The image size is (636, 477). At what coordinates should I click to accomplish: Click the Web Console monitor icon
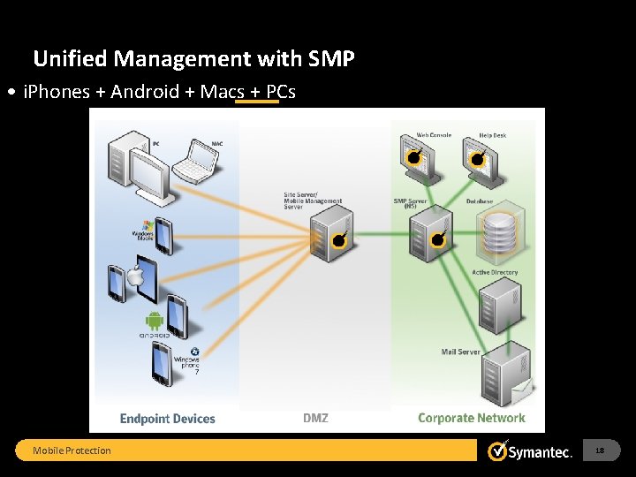pyautogui.click(x=414, y=157)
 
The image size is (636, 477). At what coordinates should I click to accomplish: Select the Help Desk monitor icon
pyautogui.click(x=478, y=157)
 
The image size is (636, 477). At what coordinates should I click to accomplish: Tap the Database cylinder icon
pyautogui.click(x=499, y=234)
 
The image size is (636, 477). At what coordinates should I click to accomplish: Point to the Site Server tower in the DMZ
pyautogui.click(x=332, y=235)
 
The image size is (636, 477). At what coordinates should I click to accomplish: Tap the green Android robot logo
pyautogui.click(x=155, y=321)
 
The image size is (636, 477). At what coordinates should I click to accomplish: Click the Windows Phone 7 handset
pyautogui.click(x=162, y=362)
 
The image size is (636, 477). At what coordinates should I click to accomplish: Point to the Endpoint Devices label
pyautogui.click(x=168, y=419)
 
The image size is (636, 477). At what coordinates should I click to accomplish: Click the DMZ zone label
pyautogui.click(x=315, y=419)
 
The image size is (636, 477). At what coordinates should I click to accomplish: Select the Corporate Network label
pyautogui.click(x=471, y=419)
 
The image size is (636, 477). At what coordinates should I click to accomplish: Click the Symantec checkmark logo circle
pyautogui.click(x=498, y=451)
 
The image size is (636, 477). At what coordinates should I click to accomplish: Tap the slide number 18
pyautogui.click(x=600, y=450)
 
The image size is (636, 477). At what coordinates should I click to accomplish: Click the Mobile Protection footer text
pyautogui.click(x=72, y=450)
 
